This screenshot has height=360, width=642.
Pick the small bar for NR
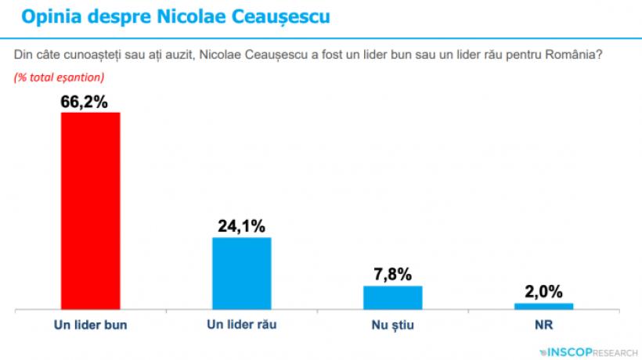(544, 305)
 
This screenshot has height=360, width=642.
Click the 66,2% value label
(90, 101)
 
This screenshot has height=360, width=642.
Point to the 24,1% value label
(242, 226)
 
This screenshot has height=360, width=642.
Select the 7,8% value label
(393, 275)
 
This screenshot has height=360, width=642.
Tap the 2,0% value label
(544, 292)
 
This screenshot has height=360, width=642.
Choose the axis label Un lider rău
(242, 323)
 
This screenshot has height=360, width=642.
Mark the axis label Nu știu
(393, 323)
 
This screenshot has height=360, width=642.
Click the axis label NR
(544, 323)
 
